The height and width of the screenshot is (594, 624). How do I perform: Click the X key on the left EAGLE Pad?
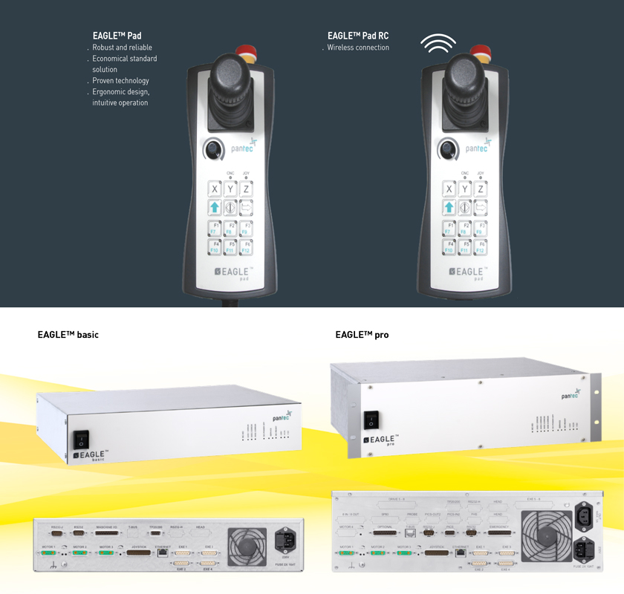point(215,189)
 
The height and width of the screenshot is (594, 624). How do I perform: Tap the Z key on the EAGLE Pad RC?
point(481,189)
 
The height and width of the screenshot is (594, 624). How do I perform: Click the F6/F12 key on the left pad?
point(247,246)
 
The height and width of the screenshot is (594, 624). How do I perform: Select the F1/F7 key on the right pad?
point(449,227)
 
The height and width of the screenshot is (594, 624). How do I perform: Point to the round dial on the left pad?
point(213,150)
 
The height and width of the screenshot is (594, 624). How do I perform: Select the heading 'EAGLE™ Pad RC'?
point(357,36)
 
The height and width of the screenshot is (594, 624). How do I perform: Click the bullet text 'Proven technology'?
point(120,80)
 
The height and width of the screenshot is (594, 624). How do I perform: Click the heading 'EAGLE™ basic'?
point(68,335)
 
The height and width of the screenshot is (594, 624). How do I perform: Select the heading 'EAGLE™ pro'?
point(362,335)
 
